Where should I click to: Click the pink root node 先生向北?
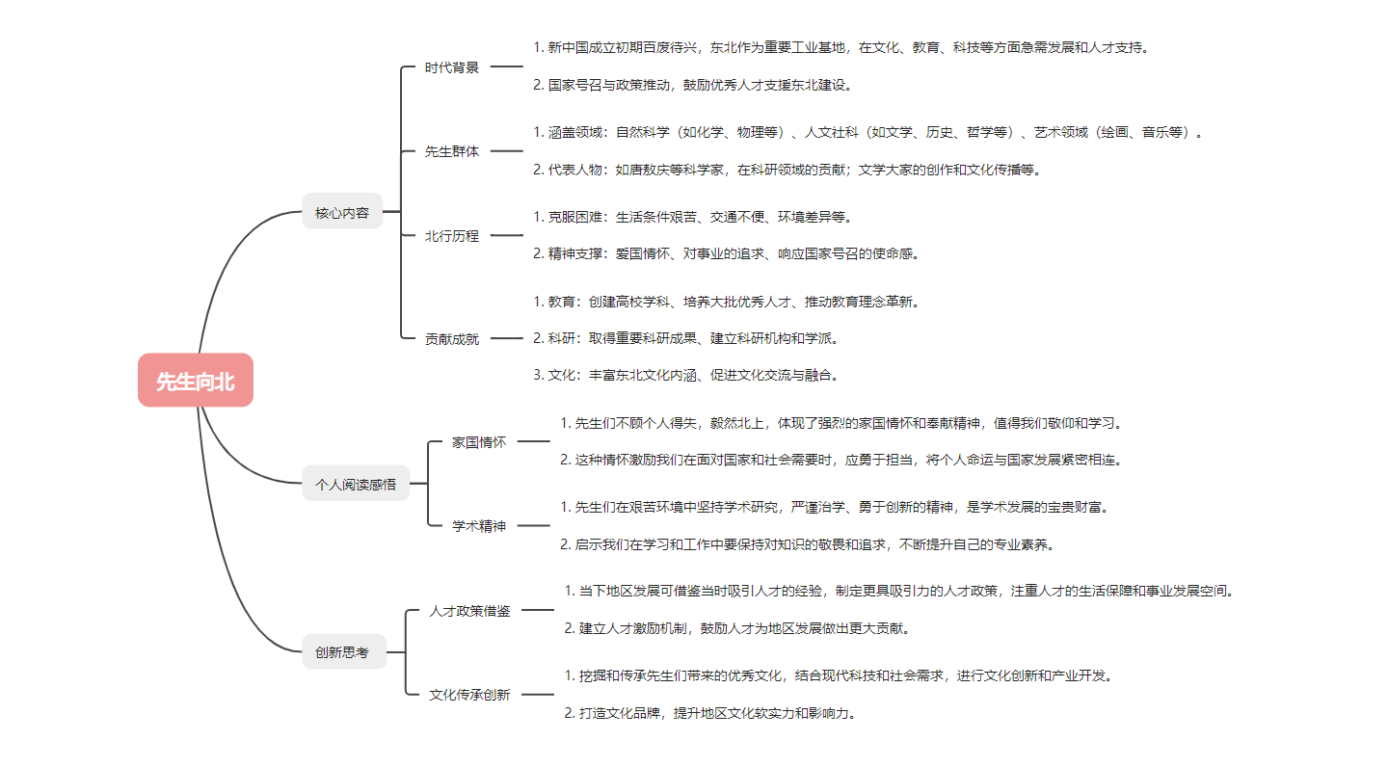tap(195, 380)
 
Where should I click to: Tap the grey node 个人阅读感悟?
tap(356, 484)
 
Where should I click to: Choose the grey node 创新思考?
tap(344, 651)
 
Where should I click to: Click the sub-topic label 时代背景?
tap(452, 66)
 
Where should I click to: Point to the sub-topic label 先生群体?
tap(452, 151)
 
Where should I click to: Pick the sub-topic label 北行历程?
tap(452, 236)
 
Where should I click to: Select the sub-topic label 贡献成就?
tap(452, 339)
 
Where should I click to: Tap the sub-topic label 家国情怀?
tap(479, 442)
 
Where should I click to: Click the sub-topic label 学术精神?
tap(479, 526)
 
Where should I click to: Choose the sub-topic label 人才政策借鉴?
tap(469, 611)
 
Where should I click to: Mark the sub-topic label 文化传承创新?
tap(469, 695)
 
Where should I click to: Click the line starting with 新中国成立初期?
tap(841, 48)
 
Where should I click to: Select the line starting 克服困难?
tap(693, 217)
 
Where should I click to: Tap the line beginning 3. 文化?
tap(686, 375)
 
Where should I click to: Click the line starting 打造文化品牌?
tap(710, 713)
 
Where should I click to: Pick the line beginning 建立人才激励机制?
tap(737, 628)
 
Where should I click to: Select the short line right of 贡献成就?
tap(507, 338)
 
